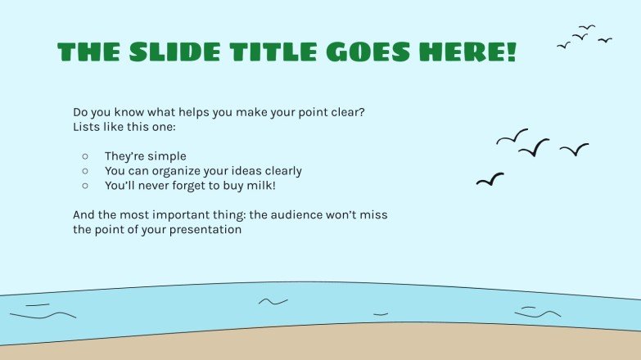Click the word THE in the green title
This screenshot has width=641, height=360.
pos(85,52)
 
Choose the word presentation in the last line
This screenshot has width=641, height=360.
pos(205,230)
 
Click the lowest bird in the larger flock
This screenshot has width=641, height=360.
pos(490,179)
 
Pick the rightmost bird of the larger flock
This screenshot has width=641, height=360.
pos(575,149)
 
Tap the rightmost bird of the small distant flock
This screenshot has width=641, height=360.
pos(605,39)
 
